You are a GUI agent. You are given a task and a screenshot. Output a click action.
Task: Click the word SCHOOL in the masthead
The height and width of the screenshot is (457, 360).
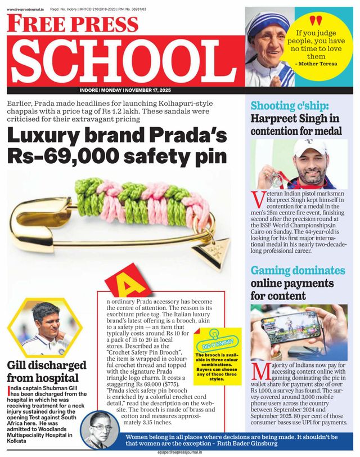point(125,61)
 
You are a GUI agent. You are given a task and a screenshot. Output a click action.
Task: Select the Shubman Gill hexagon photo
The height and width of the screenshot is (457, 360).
point(48,328)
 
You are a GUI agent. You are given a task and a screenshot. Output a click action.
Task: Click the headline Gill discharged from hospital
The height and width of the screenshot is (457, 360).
point(46,372)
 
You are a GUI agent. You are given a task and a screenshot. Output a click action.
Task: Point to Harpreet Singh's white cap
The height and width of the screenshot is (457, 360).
point(310,147)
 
